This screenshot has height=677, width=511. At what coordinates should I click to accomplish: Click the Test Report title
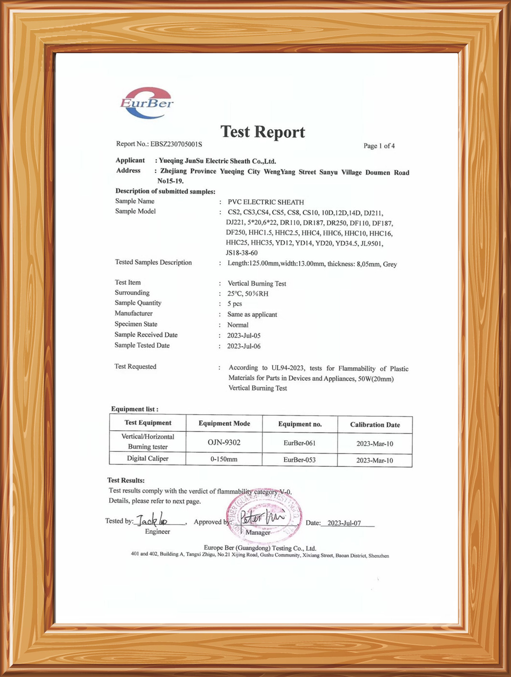pyautogui.click(x=262, y=132)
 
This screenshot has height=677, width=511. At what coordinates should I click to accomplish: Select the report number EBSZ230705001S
pyautogui.click(x=176, y=144)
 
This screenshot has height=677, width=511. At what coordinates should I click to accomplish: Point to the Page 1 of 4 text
pyautogui.click(x=379, y=146)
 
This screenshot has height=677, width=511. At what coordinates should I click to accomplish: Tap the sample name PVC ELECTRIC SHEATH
pyautogui.click(x=266, y=202)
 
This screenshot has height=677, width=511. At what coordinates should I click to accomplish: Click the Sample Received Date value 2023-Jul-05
pyautogui.click(x=244, y=335)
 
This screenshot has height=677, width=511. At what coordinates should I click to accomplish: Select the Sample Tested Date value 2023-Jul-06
pyautogui.click(x=244, y=346)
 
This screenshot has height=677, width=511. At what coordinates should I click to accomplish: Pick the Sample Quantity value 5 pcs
pyautogui.click(x=235, y=304)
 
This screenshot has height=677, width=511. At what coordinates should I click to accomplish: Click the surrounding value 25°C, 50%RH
pyautogui.click(x=248, y=294)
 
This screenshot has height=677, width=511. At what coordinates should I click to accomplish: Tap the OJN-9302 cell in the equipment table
pyautogui.click(x=224, y=442)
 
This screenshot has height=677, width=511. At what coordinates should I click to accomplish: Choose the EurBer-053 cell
pyautogui.click(x=299, y=460)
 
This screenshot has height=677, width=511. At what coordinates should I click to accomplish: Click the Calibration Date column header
pyautogui.click(x=375, y=425)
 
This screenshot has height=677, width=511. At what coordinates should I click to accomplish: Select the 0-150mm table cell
pyautogui.click(x=224, y=459)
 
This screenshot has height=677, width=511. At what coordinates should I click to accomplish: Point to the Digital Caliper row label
pyautogui.click(x=147, y=459)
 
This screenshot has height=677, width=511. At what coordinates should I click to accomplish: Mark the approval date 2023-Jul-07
pyautogui.click(x=344, y=523)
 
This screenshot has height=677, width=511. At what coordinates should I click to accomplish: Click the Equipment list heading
pyautogui.click(x=135, y=409)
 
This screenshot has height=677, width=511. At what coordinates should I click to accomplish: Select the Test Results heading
pyautogui.click(x=126, y=480)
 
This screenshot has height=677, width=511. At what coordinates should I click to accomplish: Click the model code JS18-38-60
pyautogui.click(x=241, y=253)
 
